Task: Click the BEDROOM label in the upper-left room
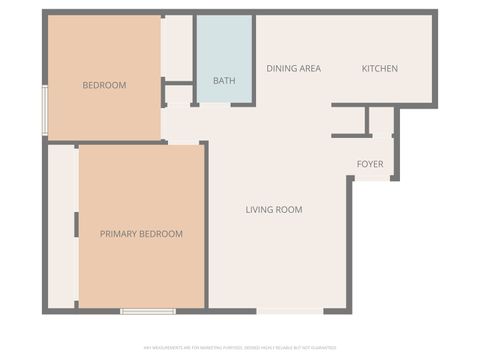[x=104, y=85]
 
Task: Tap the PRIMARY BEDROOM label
[x=141, y=234]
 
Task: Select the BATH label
[x=224, y=81]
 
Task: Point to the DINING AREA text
[x=293, y=69]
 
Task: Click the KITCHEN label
[x=379, y=69]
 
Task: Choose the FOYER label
[x=371, y=164]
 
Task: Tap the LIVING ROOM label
[x=274, y=210]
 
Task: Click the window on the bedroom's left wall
[x=44, y=111]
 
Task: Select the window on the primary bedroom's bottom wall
[x=148, y=311]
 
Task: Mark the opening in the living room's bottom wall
[x=290, y=311]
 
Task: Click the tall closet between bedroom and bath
[x=178, y=47]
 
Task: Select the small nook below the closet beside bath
[x=178, y=96]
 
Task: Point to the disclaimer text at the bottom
[x=240, y=347]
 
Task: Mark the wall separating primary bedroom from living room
[x=205, y=225]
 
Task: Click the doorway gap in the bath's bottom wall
[x=219, y=104]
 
